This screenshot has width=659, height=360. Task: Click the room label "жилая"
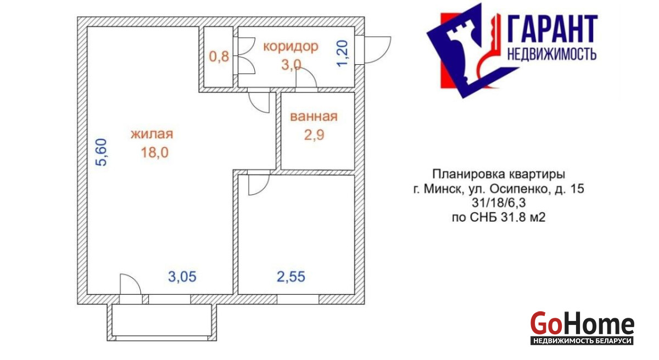pos(152,134)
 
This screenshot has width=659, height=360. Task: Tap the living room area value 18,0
pos(155,153)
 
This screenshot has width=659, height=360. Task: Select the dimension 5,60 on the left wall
pos(102,152)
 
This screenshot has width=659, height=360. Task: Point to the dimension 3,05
pos(182,277)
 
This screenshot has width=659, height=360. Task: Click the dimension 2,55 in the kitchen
pos(291,277)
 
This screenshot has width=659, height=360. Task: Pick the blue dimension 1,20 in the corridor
pos(343,53)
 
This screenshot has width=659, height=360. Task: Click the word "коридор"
pos(291,47)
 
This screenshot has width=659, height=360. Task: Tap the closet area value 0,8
pos(219,57)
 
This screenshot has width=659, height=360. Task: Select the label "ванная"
pos(314,117)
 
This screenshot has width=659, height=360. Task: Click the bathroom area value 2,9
pos(314,135)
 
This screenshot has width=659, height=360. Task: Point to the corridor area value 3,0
pos(291,65)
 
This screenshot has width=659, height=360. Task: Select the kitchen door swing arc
pos(265,188)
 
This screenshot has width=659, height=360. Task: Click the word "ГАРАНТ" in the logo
pos(552,29)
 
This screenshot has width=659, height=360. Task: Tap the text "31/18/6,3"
pos(499,203)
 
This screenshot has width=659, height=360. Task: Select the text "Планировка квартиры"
pos(499,175)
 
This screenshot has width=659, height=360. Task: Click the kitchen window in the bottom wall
pos(298,300)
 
